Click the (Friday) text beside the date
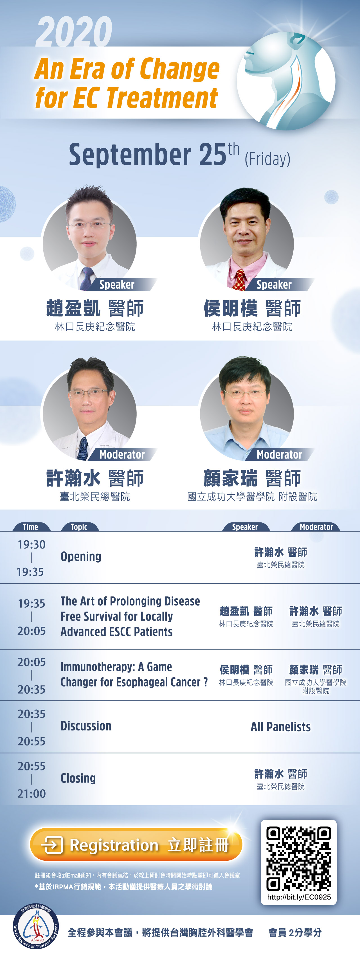click(267, 159)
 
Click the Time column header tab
click(31, 527)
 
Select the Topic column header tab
click(79, 527)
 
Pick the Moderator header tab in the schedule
click(316, 527)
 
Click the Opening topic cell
click(81, 556)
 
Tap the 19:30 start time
click(31, 544)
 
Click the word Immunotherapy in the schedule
click(97, 667)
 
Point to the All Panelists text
click(281, 727)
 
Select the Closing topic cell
click(78, 778)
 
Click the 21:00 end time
click(31, 793)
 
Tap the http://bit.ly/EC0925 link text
click(299, 897)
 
